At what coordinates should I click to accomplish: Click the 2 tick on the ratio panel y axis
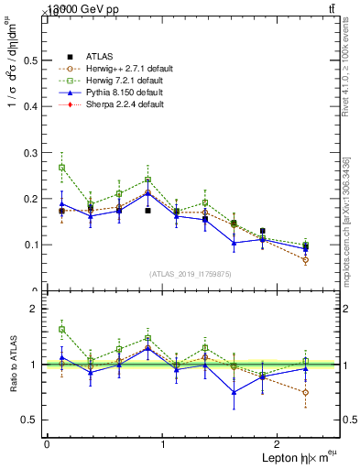point(34,309)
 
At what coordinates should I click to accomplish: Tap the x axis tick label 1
point(163,444)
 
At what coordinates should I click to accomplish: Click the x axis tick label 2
point(279,444)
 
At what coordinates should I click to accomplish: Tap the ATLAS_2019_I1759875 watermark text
point(191,273)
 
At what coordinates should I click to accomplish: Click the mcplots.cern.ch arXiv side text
point(346,221)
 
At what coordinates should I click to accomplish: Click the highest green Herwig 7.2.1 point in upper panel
point(61,168)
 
